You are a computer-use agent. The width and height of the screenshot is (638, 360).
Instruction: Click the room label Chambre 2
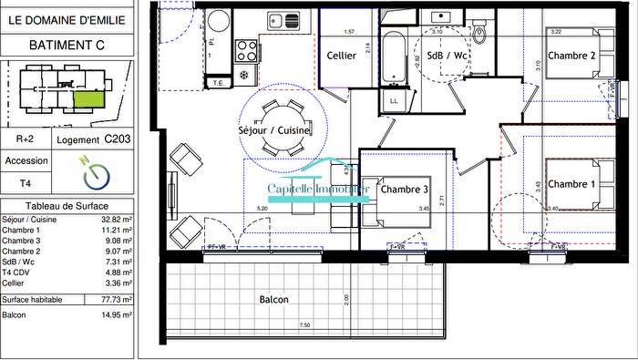point(577,56)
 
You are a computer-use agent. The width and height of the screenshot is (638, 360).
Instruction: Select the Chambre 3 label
point(405,190)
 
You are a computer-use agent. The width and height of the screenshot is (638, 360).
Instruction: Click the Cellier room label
point(341,56)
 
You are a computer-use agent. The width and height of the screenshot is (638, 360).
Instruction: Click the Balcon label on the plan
point(273,300)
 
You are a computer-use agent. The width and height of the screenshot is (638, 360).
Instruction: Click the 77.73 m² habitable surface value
point(116,299)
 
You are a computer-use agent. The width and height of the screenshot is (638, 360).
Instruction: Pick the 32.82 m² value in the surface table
point(116,220)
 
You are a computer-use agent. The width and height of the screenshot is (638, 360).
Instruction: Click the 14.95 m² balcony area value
point(116,315)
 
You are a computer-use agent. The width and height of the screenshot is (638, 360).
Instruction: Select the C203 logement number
point(117,139)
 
